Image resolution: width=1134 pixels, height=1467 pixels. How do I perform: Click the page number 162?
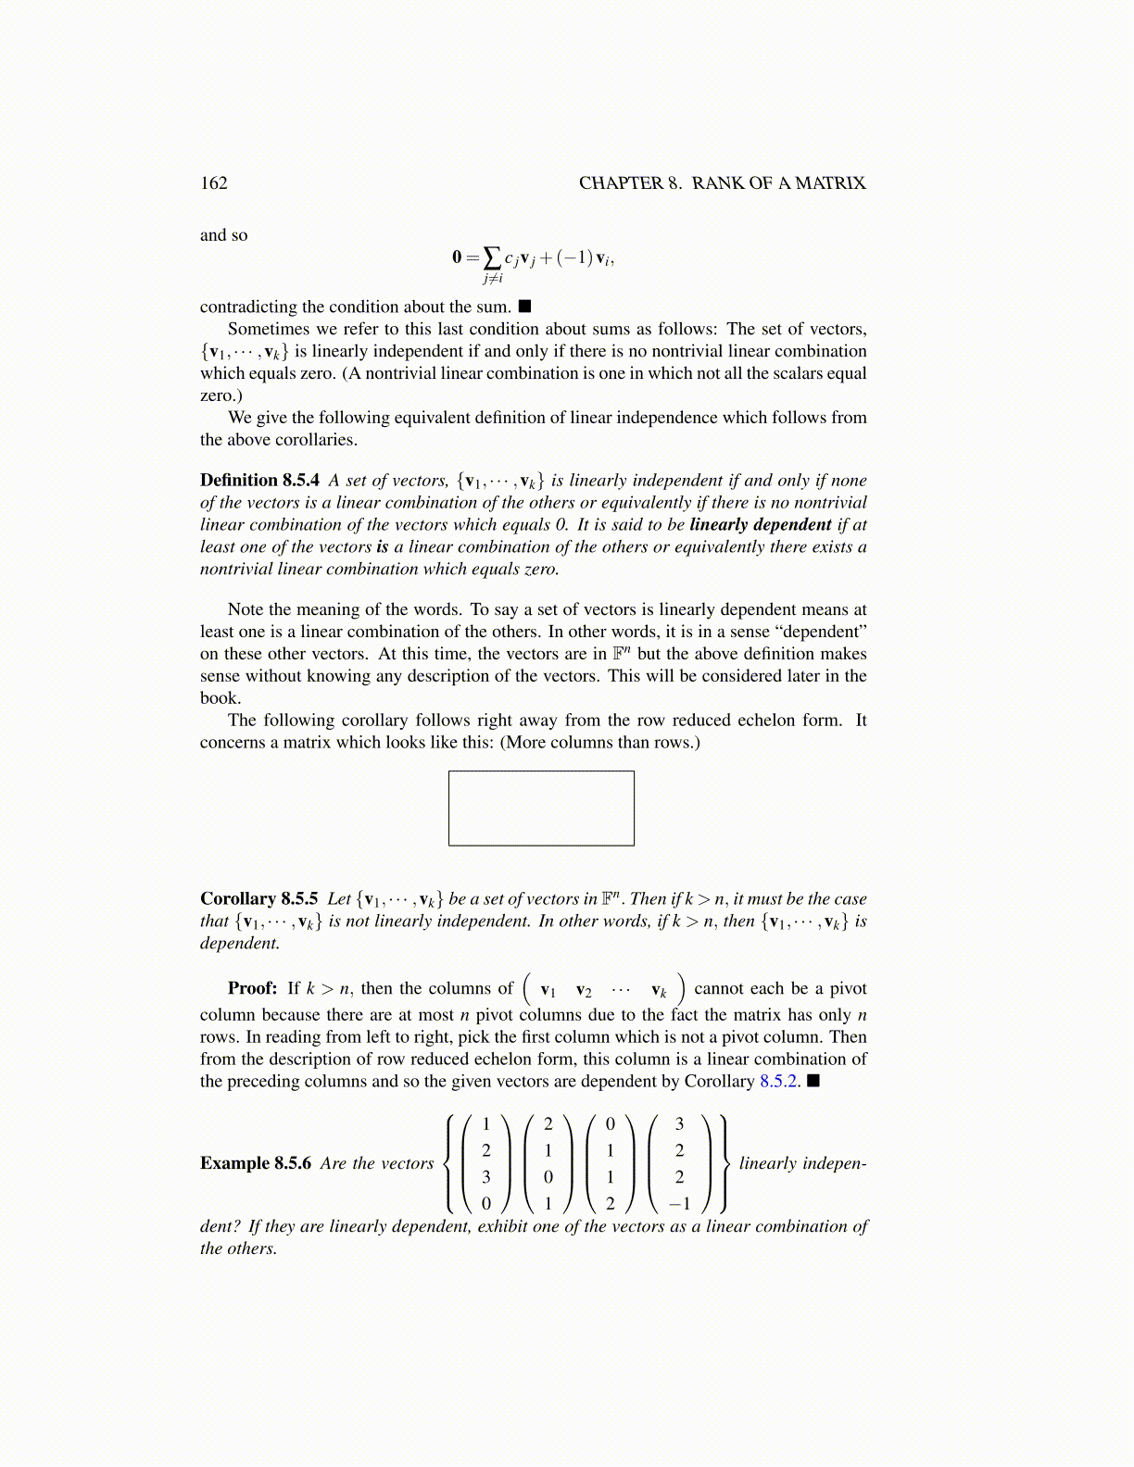point(214,183)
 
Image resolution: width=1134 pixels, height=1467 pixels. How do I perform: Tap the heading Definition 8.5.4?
point(259,480)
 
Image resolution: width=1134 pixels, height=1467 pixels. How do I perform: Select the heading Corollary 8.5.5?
point(258,898)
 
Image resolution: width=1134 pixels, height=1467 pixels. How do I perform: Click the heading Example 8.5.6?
point(256,1163)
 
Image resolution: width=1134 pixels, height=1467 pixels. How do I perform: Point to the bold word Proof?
point(252,988)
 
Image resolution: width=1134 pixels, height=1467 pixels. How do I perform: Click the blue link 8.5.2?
point(779,1081)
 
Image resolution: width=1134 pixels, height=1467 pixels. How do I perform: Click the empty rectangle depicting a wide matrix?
point(541,808)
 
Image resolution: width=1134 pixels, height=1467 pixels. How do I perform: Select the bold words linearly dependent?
point(760,524)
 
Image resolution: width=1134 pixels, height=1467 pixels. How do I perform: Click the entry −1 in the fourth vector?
point(679,1204)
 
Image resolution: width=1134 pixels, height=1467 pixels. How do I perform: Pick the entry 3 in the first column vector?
point(486,1177)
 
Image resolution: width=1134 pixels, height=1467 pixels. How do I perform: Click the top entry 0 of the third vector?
point(610,1124)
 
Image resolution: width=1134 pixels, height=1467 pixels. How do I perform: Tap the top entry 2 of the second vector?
point(548,1124)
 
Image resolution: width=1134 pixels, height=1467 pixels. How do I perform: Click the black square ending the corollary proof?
point(813,1081)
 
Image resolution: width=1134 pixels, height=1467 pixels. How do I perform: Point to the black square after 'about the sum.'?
point(524,306)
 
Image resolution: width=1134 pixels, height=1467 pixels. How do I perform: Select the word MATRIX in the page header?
point(830,183)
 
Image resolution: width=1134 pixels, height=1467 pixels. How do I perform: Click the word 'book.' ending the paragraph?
point(220,697)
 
